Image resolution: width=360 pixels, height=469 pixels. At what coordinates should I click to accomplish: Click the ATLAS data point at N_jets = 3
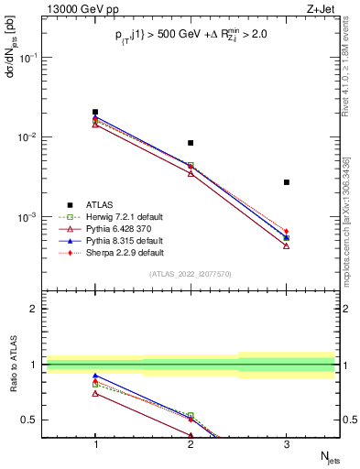[287, 182]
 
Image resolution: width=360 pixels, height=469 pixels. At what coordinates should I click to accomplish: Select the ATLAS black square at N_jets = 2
[191, 143]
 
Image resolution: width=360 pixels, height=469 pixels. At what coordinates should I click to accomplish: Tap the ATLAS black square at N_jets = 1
[95, 112]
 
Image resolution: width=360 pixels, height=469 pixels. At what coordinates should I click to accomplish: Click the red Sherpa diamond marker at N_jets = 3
[287, 232]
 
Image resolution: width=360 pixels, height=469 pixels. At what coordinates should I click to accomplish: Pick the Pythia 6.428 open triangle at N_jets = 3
[287, 245]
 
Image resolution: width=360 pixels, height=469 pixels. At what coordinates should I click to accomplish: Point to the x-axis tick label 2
[191, 444]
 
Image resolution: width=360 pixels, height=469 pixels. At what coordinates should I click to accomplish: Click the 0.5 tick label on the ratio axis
[29, 420]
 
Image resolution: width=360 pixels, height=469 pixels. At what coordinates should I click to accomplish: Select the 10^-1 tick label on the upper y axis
[27, 57]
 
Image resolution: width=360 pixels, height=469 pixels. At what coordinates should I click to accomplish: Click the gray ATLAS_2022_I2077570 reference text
[191, 274]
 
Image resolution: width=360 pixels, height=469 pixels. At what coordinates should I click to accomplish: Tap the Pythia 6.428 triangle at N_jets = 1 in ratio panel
[95, 393]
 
